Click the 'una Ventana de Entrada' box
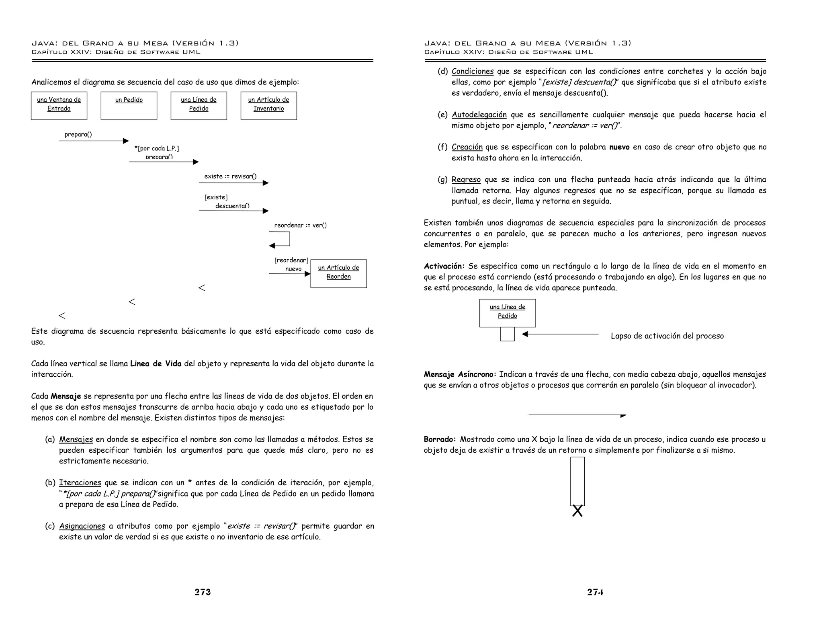[x=59, y=106]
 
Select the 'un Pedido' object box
[x=129, y=106]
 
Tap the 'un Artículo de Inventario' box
[x=269, y=106]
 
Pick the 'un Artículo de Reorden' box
[x=339, y=273]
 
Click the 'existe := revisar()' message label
[x=230, y=176]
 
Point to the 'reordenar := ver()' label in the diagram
[x=300, y=225]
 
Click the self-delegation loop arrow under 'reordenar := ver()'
[x=281, y=240]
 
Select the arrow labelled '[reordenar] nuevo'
[x=289, y=274]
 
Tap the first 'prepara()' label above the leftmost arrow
[x=78, y=134]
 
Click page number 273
[x=203, y=592]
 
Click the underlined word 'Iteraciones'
[x=80, y=482]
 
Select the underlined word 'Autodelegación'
[x=479, y=115]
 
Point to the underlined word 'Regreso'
[x=466, y=179]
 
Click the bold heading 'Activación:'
[x=444, y=266]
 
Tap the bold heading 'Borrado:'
[x=440, y=439]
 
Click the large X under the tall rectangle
[x=577, y=511]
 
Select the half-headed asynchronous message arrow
[x=577, y=415]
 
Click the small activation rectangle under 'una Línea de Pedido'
[x=508, y=334]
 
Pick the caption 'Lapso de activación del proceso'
[x=667, y=336]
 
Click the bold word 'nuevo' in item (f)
[x=619, y=147]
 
